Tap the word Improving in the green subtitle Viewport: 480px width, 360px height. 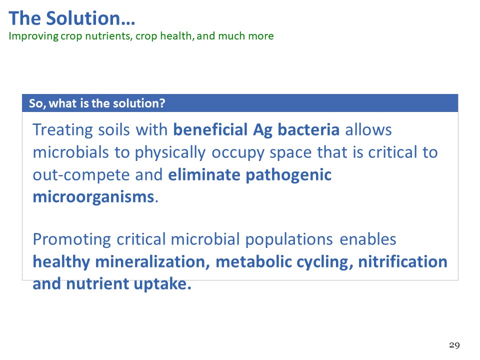[33, 36]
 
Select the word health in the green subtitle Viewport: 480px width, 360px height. [177, 36]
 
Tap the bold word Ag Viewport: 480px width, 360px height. [262, 130]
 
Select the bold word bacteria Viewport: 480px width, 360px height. [308, 129]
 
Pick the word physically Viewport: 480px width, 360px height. [170, 152]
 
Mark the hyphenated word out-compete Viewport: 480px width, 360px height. [81, 175]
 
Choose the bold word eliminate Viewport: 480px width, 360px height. [204, 174]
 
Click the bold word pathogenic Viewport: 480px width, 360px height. [288, 175]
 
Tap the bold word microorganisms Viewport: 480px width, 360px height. [93, 197]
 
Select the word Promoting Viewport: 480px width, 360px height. [72, 239]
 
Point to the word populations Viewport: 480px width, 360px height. [289, 239]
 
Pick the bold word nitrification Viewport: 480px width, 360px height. [402, 261]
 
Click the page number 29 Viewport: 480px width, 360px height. [454, 345]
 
